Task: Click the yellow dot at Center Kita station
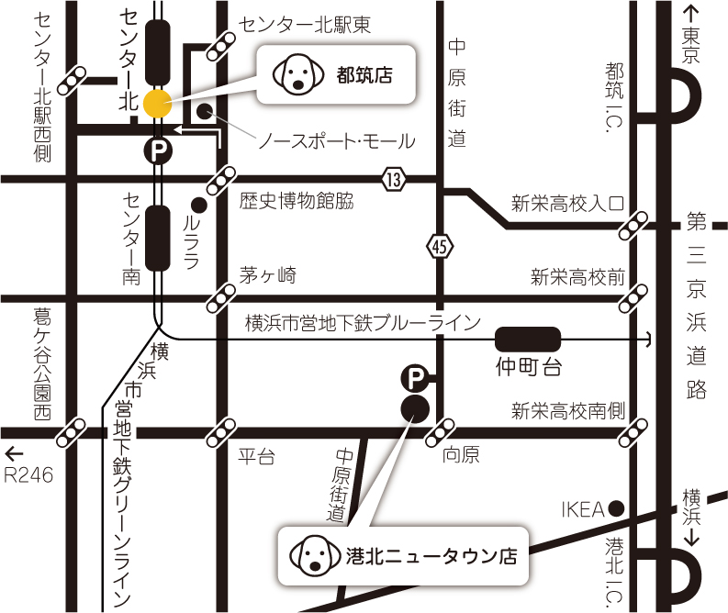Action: point(157,104)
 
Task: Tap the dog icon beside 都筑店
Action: point(295,73)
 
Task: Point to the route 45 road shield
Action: point(440,246)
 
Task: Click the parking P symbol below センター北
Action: point(160,150)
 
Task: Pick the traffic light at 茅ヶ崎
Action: point(223,297)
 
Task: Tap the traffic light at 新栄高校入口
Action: point(634,226)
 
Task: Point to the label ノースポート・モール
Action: point(335,141)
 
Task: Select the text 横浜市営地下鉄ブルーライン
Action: point(363,322)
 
